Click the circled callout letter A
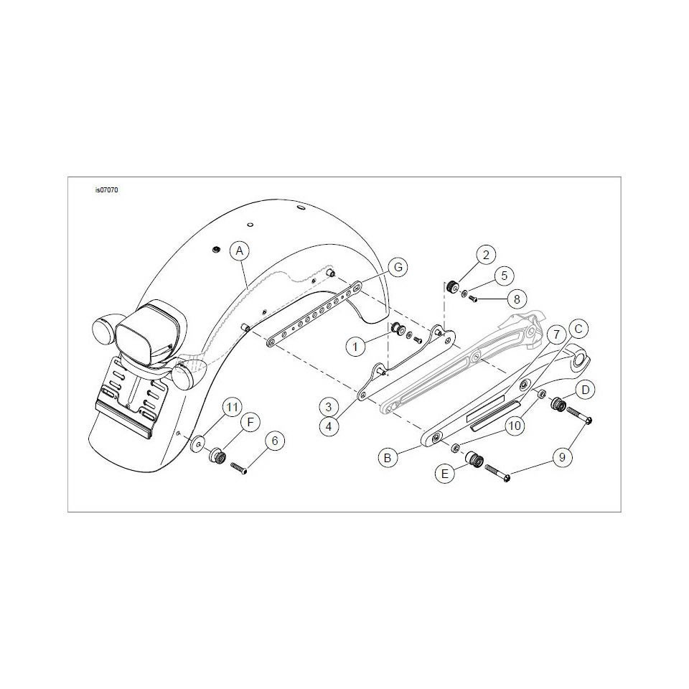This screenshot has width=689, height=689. click(x=240, y=251)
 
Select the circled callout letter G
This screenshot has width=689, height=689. click(x=398, y=268)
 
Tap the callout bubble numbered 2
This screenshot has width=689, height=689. click(x=486, y=255)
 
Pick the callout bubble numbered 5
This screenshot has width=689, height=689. click(x=504, y=276)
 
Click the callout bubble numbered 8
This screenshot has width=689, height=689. click(x=517, y=299)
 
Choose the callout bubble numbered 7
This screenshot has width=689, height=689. click(x=557, y=335)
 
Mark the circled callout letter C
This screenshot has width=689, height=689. click(x=578, y=329)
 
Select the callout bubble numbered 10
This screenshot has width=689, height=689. click(x=515, y=426)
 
